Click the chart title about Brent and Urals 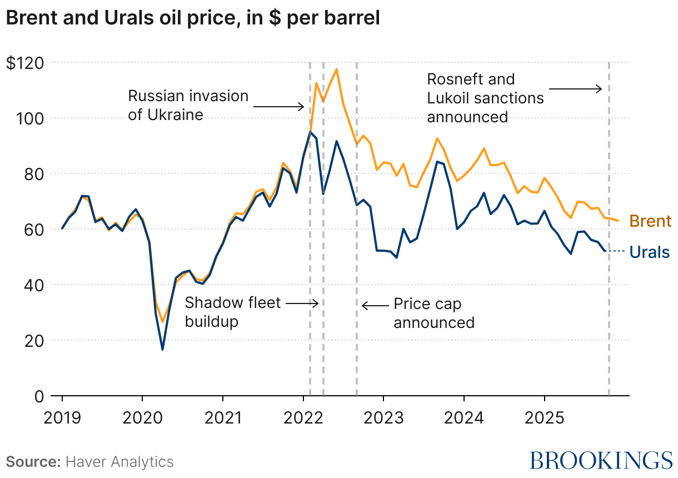click(193, 18)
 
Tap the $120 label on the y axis click(26, 63)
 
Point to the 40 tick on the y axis click(34, 285)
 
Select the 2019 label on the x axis click(62, 417)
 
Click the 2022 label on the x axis click(303, 417)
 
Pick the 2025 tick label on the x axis click(544, 417)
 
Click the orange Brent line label click(650, 221)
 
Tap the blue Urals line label click(650, 252)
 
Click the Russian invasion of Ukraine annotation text click(188, 105)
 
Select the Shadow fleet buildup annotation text click(233, 312)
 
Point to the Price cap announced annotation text click(434, 313)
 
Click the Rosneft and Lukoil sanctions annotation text click(485, 98)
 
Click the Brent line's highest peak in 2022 click(336, 69)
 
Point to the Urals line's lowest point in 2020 click(162, 349)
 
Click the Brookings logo click(601, 460)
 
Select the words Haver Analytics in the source click(119, 461)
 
